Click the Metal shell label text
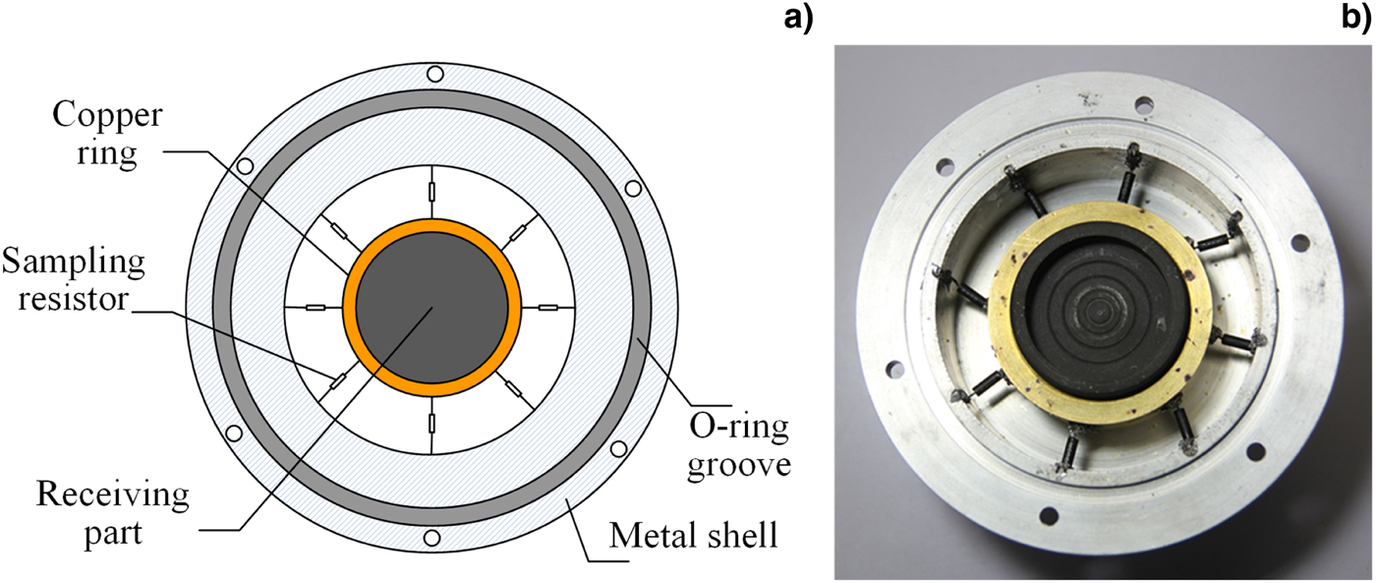point(694,537)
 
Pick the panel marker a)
point(798,18)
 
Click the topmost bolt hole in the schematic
point(431,74)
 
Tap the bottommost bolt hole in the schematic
point(431,539)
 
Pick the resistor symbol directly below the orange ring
point(431,424)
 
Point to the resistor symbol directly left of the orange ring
point(315,307)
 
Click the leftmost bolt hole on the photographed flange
point(893,370)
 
